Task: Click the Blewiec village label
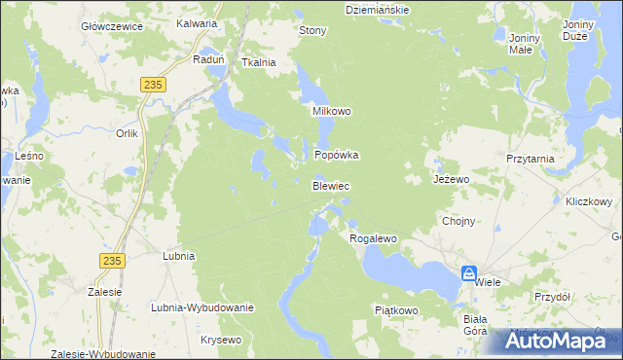tap(331, 185)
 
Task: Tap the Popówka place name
tap(337, 155)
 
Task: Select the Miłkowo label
tap(331, 111)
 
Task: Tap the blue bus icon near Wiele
tap(468, 274)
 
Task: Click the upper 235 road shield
tap(151, 86)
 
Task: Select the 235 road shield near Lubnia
tap(112, 260)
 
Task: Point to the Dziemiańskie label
tap(378, 9)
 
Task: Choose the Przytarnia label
tap(531, 158)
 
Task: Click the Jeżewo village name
tap(452, 180)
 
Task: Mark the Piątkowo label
tap(396, 310)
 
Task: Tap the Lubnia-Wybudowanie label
tap(202, 307)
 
